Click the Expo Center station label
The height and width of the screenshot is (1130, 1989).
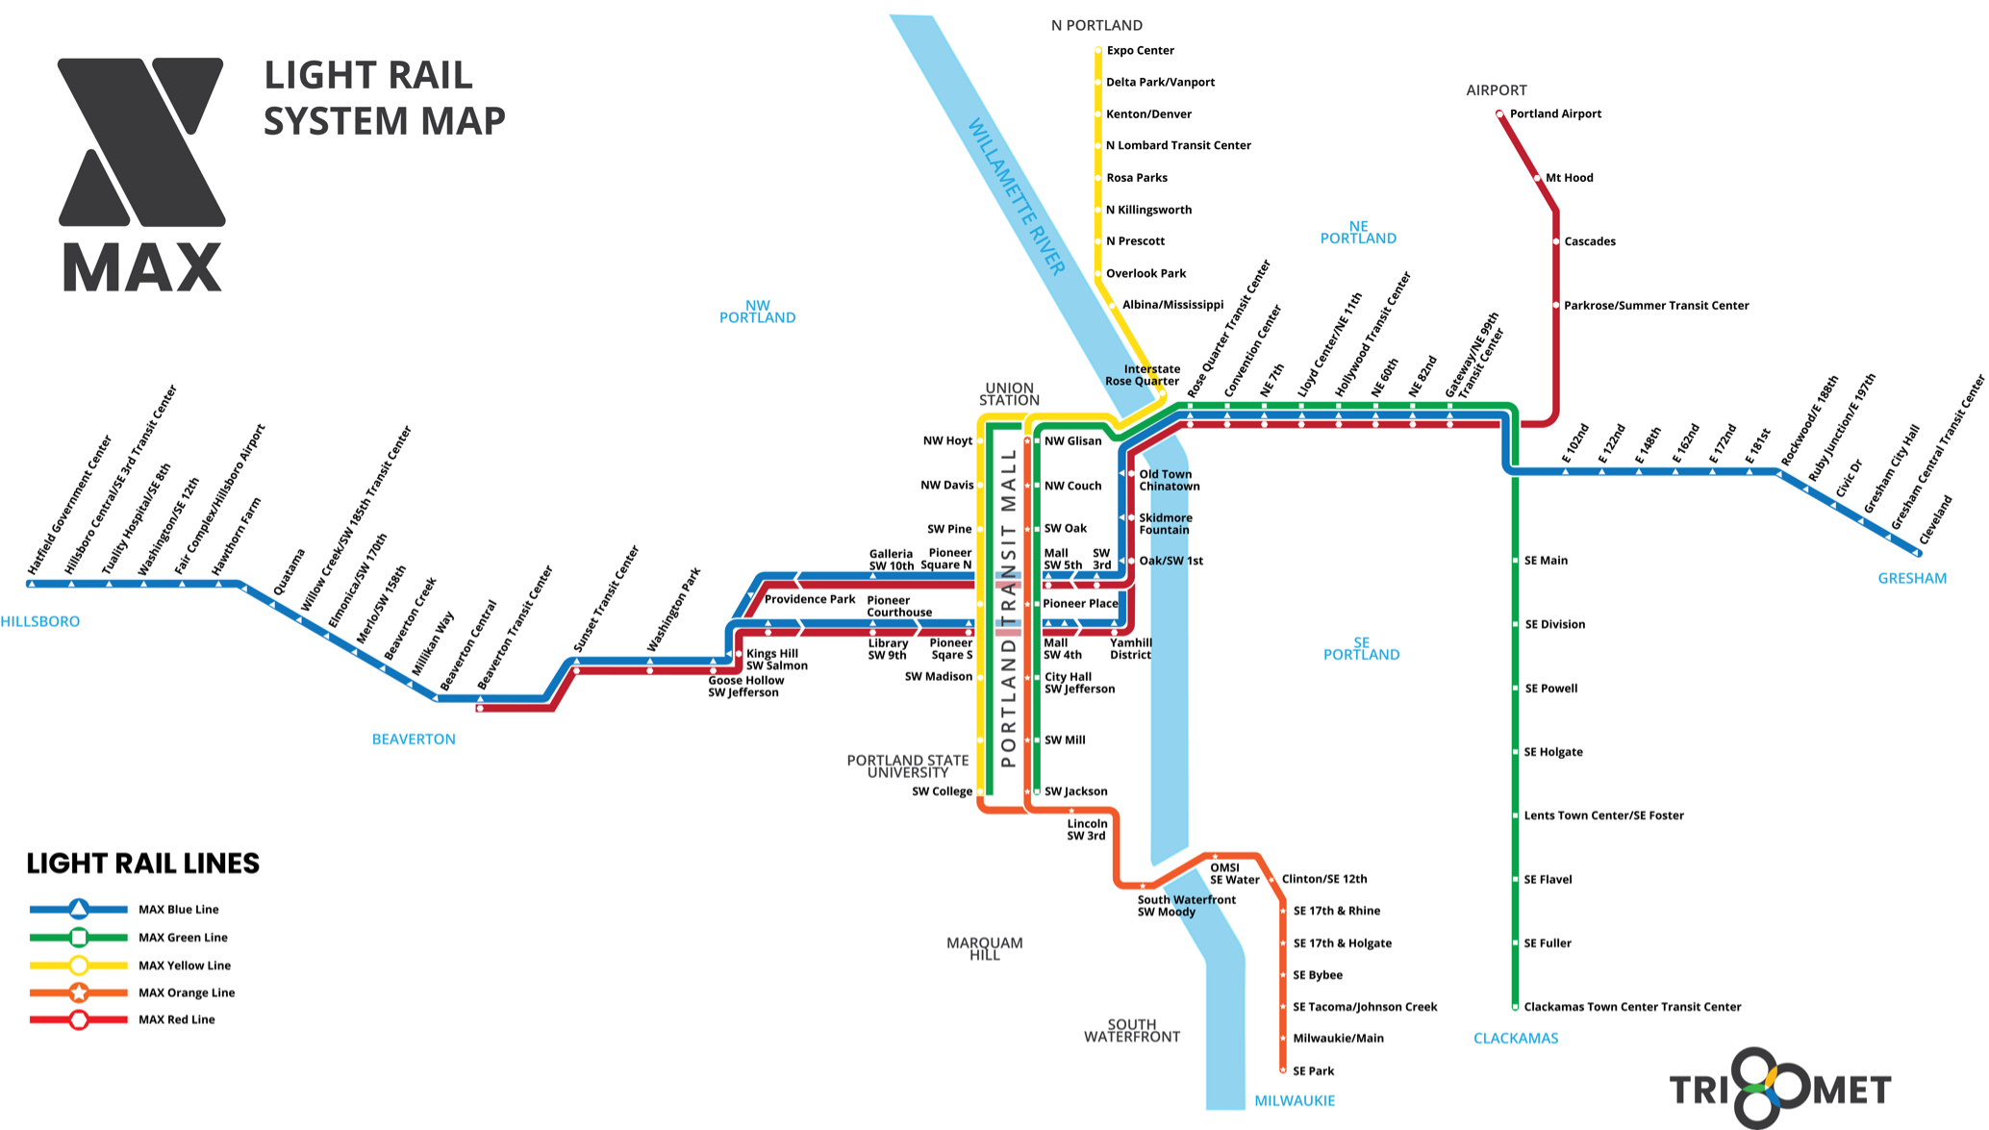[x=1140, y=50]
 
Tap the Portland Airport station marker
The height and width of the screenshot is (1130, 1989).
[x=1499, y=114]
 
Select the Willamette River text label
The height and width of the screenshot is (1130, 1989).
[x=1016, y=196]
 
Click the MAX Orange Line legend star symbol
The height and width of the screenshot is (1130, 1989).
[x=79, y=992]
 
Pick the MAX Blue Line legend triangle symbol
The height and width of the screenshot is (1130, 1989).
[x=79, y=909]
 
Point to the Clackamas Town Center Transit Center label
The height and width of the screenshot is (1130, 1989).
[x=1632, y=1007]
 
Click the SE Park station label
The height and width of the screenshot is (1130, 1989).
[x=1313, y=1070]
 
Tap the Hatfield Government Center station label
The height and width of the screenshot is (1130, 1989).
[x=70, y=505]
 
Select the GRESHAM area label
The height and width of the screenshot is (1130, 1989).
[x=1912, y=578]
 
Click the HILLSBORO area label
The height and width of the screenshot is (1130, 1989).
[x=40, y=621]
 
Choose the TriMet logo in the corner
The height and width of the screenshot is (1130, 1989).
[x=1780, y=1089]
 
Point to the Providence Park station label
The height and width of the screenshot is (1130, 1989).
[x=809, y=599]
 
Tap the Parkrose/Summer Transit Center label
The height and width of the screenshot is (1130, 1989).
[x=1656, y=306]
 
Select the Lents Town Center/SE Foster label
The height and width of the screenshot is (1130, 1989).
[x=1603, y=816]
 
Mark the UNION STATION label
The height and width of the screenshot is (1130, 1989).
[x=1009, y=394]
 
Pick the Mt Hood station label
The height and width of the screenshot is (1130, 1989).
[x=1569, y=178]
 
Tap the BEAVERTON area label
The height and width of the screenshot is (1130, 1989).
[x=414, y=739]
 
